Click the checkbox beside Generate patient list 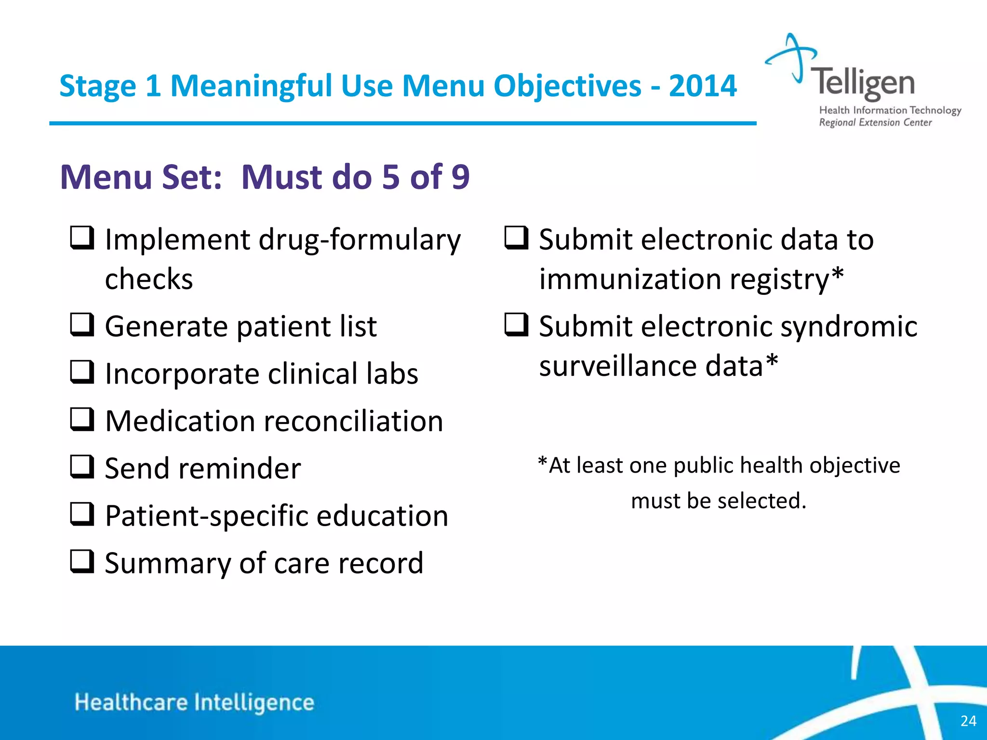pos(82,325)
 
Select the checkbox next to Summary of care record pos(82,561)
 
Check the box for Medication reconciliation pos(82,419)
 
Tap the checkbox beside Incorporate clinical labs pos(82,372)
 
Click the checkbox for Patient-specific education pos(82,514)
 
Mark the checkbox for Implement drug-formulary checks pos(82,238)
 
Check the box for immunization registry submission pos(516,238)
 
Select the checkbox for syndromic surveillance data pos(516,325)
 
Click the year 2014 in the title pos(703,86)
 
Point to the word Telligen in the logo pos(862,83)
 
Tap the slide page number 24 pos(968,721)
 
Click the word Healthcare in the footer pos(131,702)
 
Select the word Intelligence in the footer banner pos(254,703)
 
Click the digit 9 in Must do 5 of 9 pos(460,177)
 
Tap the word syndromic pos(849,327)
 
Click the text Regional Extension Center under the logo pos(875,122)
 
